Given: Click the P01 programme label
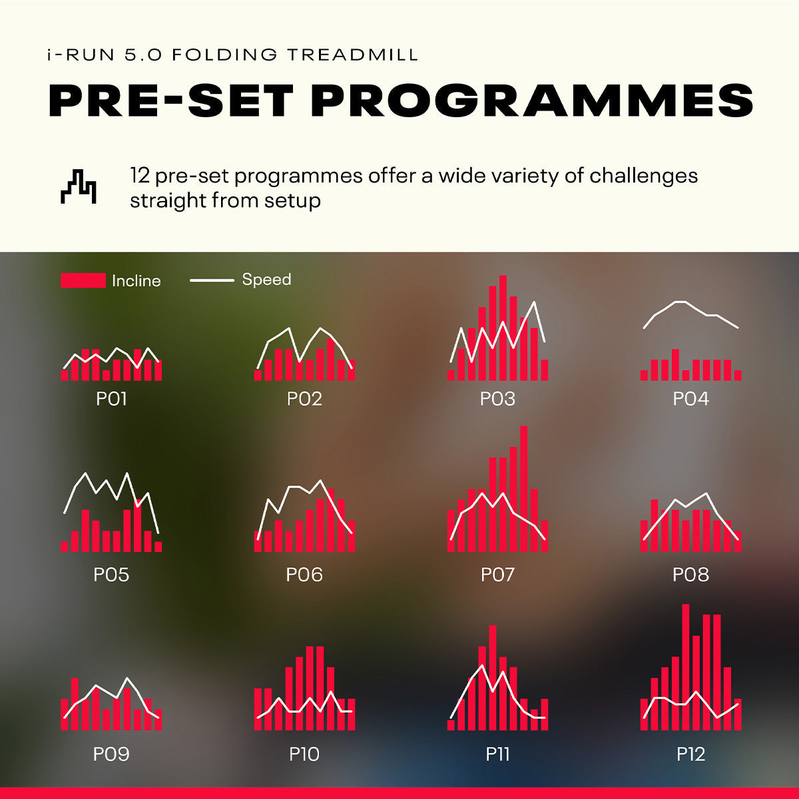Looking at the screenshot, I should point(111,399).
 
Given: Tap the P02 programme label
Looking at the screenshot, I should point(304,399).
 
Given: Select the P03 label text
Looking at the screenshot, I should point(497,399).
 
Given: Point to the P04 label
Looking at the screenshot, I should point(690,399).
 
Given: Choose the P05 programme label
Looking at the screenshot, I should point(111,575).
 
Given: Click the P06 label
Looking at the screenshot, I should point(304,575).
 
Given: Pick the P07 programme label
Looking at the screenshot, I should point(497,575).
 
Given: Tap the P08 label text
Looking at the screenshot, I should point(690,575).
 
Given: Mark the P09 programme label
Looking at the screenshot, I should point(111,754).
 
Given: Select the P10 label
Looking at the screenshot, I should point(304,754).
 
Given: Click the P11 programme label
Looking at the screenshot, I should point(497,754).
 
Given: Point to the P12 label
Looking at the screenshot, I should point(690,754).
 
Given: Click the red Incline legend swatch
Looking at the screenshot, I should point(83,280).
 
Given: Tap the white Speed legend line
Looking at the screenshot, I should point(212,280).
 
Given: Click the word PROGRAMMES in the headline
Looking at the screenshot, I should point(532,101).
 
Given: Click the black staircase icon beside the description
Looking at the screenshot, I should point(79,186).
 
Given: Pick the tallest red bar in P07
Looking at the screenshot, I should point(523,489).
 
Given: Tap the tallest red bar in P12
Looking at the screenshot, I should point(686,666).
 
